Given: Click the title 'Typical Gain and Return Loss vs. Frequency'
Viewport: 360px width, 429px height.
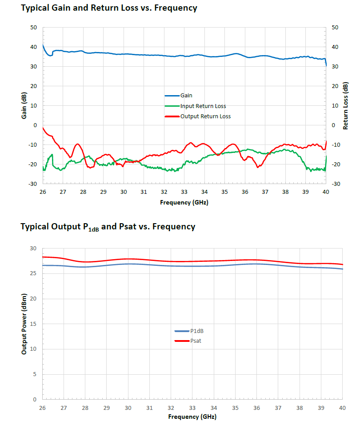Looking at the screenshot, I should [x=109, y=8].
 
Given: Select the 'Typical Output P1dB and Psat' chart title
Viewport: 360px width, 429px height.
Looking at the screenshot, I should [x=108, y=227].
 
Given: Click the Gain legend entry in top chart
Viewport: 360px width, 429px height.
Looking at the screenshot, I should [x=186, y=96].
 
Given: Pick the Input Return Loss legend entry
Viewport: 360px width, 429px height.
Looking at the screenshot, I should [x=203, y=106].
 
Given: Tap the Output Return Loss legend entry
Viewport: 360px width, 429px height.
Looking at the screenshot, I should [x=205, y=116].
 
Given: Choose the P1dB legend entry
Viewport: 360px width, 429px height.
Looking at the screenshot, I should [x=197, y=331].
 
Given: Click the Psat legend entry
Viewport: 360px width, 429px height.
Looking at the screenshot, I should [x=196, y=341].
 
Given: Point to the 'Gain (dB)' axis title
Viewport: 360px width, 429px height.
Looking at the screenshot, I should [x=24, y=106].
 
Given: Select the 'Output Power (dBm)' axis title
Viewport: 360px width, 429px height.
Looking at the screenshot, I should [x=24, y=324].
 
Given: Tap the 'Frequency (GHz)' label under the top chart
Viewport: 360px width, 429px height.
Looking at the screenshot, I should [x=184, y=202].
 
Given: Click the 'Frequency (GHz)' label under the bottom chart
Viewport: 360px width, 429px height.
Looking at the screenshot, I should [x=192, y=417].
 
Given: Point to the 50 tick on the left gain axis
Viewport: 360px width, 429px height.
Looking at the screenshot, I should [x=33, y=28].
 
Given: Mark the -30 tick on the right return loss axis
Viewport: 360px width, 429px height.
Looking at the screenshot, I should [x=336, y=184].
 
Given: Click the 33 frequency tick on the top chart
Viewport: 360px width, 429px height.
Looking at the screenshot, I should [x=184, y=192].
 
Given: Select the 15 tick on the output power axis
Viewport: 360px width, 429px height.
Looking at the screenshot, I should [x=34, y=324].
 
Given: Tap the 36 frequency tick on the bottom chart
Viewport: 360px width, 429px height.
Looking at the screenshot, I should [x=256, y=408].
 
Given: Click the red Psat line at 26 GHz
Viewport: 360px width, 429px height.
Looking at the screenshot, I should [x=43, y=257].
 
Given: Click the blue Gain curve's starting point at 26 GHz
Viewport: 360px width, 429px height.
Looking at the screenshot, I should [x=43, y=44].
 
